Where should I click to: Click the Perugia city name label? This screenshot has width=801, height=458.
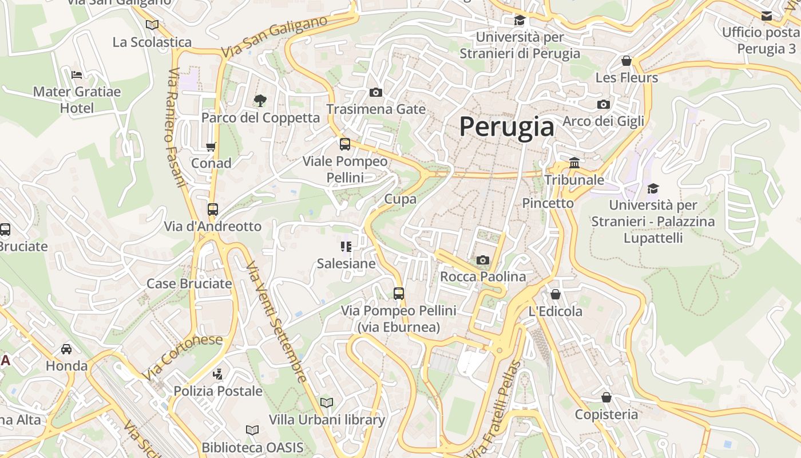[506, 127]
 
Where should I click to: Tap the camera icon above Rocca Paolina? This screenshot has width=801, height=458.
[483, 260]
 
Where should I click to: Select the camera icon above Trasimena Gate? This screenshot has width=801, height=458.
[376, 92]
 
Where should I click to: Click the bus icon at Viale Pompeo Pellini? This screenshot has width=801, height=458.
[345, 144]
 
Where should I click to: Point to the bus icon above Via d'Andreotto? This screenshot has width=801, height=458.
[213, 210]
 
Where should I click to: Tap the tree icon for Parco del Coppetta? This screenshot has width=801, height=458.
[260, 101]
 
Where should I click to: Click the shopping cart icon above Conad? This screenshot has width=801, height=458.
[211, 147]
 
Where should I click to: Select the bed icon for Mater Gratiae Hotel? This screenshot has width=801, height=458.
[77, 74]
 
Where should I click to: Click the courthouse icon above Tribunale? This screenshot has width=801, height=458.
[574, 163]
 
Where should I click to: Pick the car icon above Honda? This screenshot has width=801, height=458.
[66, 349]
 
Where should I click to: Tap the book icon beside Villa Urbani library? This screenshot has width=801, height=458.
[327, 402]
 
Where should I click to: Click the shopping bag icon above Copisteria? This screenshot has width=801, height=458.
[606, 397]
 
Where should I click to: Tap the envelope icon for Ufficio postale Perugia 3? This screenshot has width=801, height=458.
[767, 15]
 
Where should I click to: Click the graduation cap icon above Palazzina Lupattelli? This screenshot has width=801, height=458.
[653, 188]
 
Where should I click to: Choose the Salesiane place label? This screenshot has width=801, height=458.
[346, 264]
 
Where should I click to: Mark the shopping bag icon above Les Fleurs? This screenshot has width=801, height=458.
[626, 61]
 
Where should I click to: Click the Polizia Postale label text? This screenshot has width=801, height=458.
[218, 392]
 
